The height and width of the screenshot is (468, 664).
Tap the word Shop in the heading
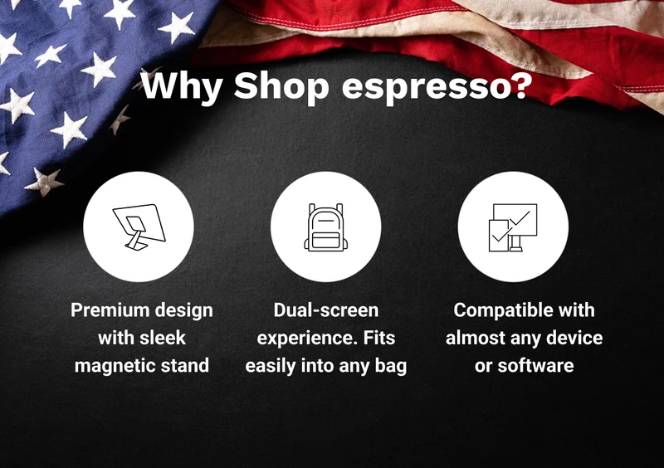click(281, 88)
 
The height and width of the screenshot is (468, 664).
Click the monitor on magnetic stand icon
click(139, 227)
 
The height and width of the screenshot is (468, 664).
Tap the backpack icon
click(325, 227)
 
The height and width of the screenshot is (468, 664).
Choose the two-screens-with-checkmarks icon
click(513, 227)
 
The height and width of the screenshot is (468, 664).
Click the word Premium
click(110, 310)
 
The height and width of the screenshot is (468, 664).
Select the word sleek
click(163, 338)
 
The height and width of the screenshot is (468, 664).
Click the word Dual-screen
click(326, 310)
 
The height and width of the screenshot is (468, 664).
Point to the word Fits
click(379, 338)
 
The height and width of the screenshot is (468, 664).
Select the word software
click(535, 365)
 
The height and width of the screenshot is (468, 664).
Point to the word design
click(183, 311)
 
